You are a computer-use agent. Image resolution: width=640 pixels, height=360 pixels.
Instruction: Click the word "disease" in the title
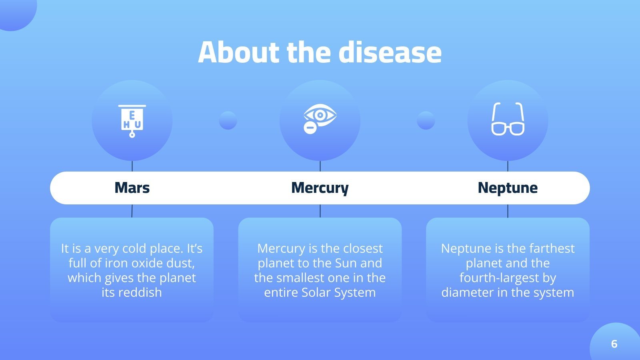coord(390,52)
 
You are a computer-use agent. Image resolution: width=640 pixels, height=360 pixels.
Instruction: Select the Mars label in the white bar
coord(132,188)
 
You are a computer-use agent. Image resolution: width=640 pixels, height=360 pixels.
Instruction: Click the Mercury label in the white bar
coord(320,188)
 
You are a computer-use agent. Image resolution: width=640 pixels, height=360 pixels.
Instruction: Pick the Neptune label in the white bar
coord(508,188)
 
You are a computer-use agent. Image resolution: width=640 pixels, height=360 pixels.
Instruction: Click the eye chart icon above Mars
coord(132,120)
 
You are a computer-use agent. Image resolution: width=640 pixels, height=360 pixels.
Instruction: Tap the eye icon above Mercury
coord(320,118)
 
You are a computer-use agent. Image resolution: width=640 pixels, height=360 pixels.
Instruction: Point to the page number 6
coord(614,344)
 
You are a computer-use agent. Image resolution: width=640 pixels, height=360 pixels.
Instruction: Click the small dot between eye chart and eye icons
coord(228,120)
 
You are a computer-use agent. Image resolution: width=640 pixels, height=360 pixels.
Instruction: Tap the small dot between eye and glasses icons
coord(426,120)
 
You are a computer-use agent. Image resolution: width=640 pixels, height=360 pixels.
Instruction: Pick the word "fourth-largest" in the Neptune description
coord(508,278)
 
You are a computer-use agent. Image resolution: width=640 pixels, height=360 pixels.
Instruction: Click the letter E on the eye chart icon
coord(132,116)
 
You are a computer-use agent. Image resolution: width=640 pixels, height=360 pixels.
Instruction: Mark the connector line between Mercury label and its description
coord(320,211)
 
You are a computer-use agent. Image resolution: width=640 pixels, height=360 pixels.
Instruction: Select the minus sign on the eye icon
coord(310,128)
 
